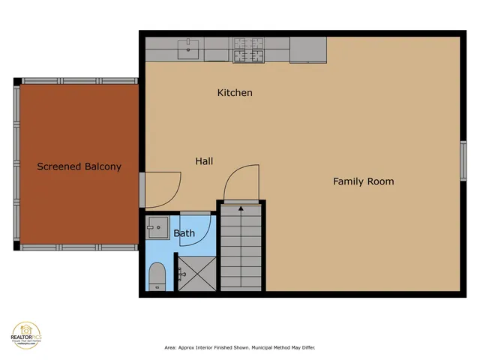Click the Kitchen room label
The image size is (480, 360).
point(235,93)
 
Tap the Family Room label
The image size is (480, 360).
point(363,181)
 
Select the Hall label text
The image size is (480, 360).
point(204,161)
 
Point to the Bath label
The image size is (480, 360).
point(184,233)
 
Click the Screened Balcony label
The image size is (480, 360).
point(79,166)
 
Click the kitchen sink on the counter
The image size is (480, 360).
point(187,50)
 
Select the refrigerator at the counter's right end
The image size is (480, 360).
point(307,50)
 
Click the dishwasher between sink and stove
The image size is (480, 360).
point(215,50)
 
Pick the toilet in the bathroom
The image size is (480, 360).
point(157,276)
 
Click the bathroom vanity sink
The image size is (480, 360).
point(157,225)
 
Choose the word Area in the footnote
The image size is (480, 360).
point(170,348)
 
